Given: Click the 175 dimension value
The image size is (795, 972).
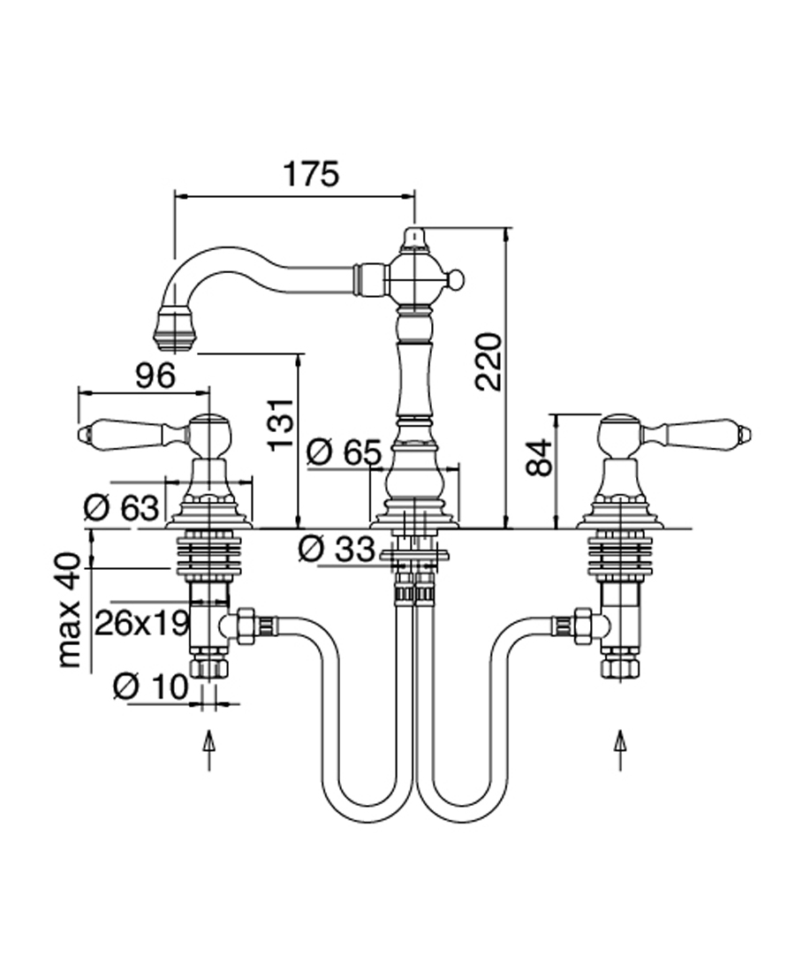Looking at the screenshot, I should click(x=310, y=174).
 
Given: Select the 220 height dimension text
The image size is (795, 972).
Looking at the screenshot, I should click(x=488, y=361).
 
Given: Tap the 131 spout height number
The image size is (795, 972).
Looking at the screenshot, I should click(x=280, y=422).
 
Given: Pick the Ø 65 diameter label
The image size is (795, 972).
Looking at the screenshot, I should click(x=344, y=453).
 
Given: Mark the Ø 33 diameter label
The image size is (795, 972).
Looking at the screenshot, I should click(x=337, y=549).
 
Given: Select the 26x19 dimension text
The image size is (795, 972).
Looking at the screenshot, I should click(x=142, y=623).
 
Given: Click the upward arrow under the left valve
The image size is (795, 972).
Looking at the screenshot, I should click(x=208, y=750).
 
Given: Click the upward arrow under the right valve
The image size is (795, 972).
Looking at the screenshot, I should click(x=620, y=750).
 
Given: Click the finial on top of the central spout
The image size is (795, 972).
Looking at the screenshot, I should click(x=414, y=239).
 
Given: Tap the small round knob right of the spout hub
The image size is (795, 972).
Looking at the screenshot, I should click(x=455, y=281).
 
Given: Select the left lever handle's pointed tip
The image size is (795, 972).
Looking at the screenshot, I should click(x=84, y=434).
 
